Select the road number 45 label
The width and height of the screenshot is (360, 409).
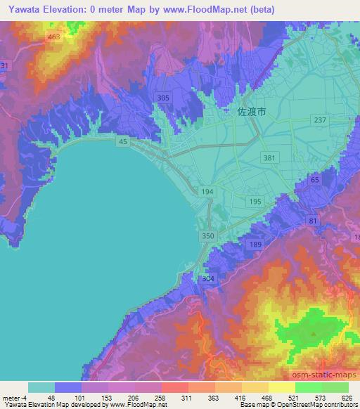point(124,142)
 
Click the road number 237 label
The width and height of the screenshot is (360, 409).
point(321,120)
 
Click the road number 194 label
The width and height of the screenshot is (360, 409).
point(206,192)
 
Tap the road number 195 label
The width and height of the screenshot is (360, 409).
point(255,202)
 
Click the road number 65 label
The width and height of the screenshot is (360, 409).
point(314,180)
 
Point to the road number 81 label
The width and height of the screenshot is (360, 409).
point(312,221)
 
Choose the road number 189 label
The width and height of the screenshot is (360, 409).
point(255,243)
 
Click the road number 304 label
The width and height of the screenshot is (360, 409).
point(207,279)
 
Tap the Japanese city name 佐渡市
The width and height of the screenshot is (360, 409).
point(252,111)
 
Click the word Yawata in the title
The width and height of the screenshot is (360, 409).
point(19,10)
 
